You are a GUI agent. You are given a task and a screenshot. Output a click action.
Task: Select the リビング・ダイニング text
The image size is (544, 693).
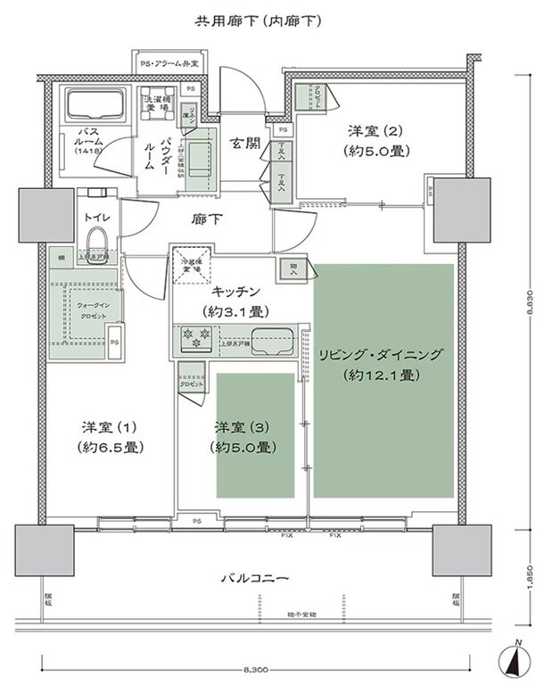pos(381,354)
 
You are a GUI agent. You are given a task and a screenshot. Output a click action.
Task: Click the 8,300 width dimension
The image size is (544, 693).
pos(254,667)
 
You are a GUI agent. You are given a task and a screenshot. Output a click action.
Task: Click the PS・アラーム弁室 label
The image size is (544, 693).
pos(169,64)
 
